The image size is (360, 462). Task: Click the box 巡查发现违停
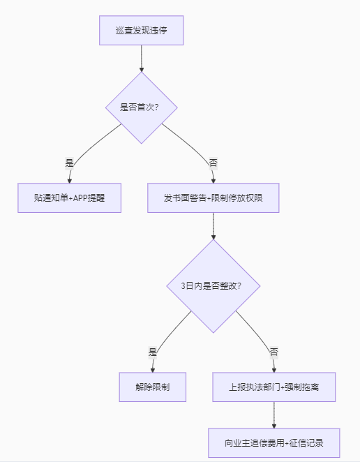pyautogui.click(x=142, y=31)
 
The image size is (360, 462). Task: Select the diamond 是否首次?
pyautogui.click(x=142, y=107)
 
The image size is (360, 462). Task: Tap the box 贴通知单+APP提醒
pyautogui.click(x=69, y=198)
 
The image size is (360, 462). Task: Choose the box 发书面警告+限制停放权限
pyautogui.click(x=213, y=198)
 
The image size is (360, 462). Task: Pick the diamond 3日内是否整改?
pyautogui.click(x=213, y=285)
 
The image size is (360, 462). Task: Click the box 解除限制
pyautogui.click(x=152, y=387)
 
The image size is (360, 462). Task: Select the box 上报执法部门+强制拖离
pyautogui.click(x=273, y=387)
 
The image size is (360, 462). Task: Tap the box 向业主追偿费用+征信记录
pyautogui.click(x=273, y=442)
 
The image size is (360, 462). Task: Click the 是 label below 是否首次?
pyautogui.click(x=69, y=162)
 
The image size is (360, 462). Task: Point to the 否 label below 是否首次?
pyautogui.click(x=213, y=162)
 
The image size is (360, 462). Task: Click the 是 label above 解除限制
pyautogui.click(x=152, y=352)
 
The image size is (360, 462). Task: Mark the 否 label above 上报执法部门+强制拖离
pyautogui.click(x=273, y=352)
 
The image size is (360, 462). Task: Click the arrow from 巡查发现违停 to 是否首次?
pyautogui.click(x=142, y=59)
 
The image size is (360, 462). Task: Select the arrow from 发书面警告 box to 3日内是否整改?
pyautogui.click(x=213, y=225)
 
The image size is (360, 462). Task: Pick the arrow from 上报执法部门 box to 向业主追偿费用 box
pyautogui.click(x=273, y=415)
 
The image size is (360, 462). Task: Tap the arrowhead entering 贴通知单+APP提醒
pyautogui.click(x=69, y=181)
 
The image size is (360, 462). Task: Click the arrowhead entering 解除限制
pyautogui.click(x=152, y=369)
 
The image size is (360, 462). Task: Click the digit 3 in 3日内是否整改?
pyautogui.click(x=183, y=285)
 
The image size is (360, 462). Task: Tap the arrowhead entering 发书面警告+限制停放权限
pyautogui.click(x=213, y=181)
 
